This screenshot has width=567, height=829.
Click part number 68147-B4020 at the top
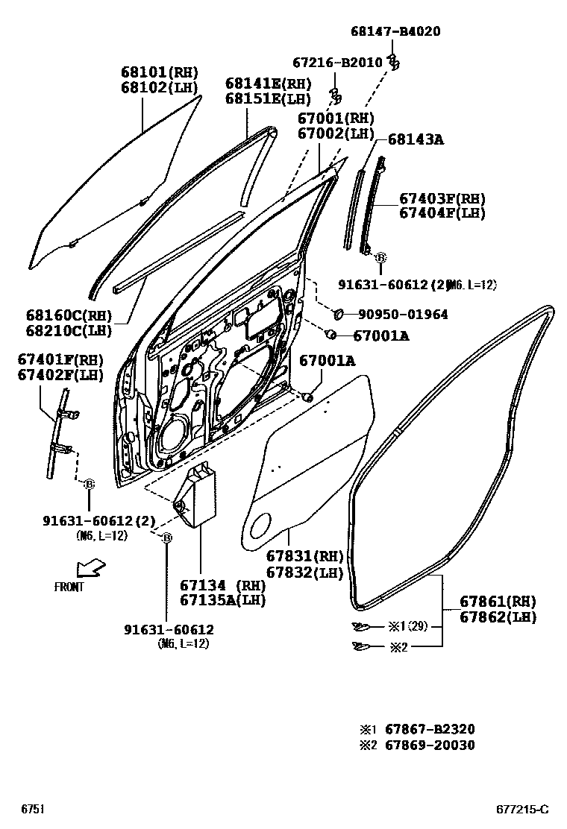(x=395, y=31)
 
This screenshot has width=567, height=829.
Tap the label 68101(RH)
(x=160, y=72)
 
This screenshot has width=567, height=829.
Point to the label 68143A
(x=416, y=139)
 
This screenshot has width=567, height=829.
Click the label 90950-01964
(x=403, y=315)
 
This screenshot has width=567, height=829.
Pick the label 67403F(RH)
(x=442, y=199)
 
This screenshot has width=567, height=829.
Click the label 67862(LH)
(x=498, y=617)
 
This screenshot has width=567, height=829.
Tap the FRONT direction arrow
(x=91, y=569)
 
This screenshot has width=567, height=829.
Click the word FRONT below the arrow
(x=69, y=587)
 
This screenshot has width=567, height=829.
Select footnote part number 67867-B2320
(x=430, y=729)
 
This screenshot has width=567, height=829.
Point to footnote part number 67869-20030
(x=430, y=745)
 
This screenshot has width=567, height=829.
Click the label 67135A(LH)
(x=222, y=600)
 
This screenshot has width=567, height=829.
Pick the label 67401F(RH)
(x=60, y=359)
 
